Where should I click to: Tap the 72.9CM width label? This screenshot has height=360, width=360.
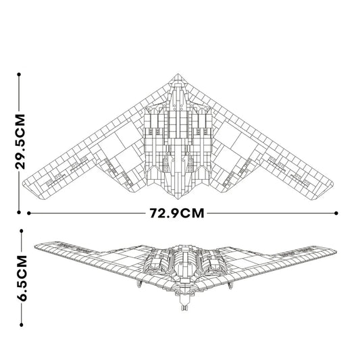click(x=177, y=213)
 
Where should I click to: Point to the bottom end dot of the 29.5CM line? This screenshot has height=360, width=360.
click(x=20, y=210)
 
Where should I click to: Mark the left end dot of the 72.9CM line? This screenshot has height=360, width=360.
click(x=30, y=213)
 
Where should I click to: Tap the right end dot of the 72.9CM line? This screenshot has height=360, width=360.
click(x=336, y=213)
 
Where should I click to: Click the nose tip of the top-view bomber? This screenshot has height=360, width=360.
click(x=179, y=72)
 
